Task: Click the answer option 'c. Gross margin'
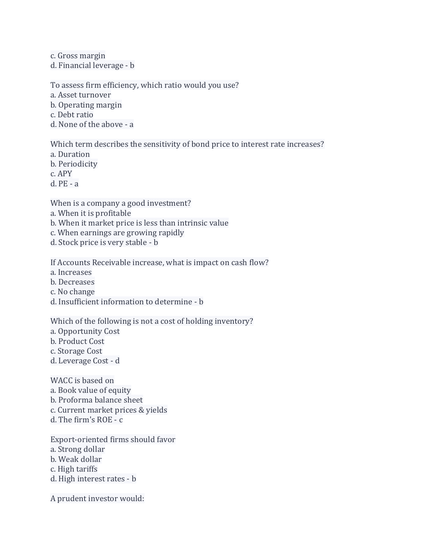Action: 78,56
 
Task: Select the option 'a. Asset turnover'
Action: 81,95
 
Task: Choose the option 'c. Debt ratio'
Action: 72,115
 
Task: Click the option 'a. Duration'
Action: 70,154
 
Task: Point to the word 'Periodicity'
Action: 78,164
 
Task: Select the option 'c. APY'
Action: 61,174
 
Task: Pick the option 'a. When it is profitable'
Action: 91,213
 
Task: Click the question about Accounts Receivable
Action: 159,263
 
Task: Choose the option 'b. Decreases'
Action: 72,282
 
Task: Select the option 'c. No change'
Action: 72,292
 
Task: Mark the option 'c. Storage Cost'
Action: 76,351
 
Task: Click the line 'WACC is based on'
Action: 82,381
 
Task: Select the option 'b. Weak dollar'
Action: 76,459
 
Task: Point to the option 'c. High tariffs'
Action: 74,469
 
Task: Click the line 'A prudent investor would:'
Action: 97,499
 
